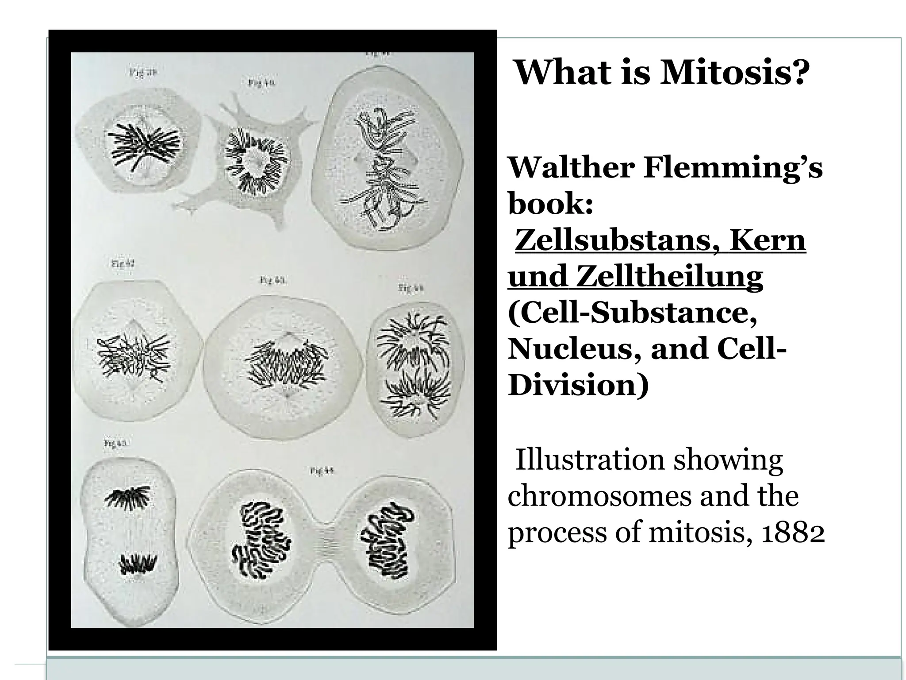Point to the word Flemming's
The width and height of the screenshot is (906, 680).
tap(733, 168)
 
